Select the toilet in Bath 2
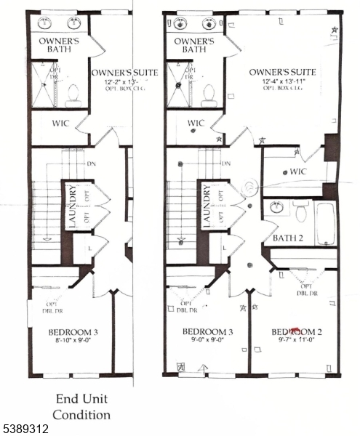301,211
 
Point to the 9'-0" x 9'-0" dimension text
207,339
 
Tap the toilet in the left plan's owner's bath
73,94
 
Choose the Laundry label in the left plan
73,206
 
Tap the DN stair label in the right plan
226,163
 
